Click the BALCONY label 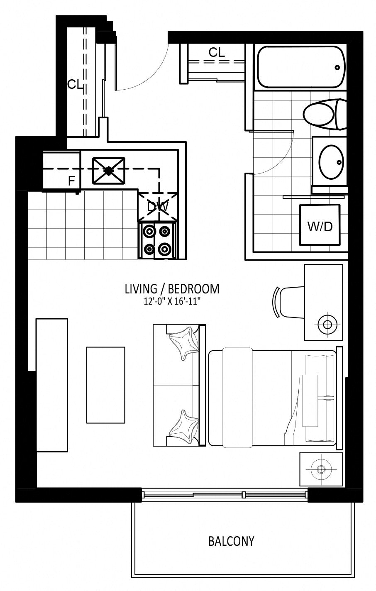[231, 541]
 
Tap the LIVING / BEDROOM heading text [172, 289]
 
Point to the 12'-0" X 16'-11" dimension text [172, 301]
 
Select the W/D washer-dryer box [320, 225]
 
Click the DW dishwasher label [158, 207]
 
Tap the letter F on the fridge [71, 181]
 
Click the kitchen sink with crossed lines [108, 171]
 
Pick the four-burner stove [157, 240]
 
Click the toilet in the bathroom [324, 114]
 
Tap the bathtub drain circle [337, 68]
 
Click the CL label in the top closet [217, 53]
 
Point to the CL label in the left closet [76, 84]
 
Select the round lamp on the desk [327, 325]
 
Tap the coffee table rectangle [106, 385]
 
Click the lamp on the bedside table [321, 469]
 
